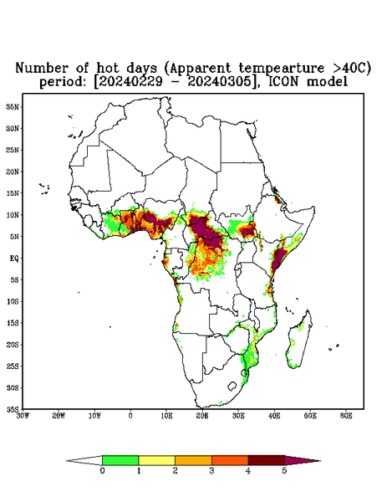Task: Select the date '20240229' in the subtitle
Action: pyautogui.click(x=131, y=82)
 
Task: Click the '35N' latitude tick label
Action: pyautogui.click(x=13, y=106)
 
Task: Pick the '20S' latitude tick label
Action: pyautogui.click(x=13, y=345)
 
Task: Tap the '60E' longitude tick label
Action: pyautogui.click(x=346, y=416)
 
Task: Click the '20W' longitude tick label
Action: pyautogui.click(x=59, y=416)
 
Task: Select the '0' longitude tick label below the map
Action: pyautogui.click(x=130, y=416)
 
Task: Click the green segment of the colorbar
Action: pyautogui.click(x=120, y=460)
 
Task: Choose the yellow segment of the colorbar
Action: pyautogui.click(x=156, y=460)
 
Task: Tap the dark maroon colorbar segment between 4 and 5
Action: pyautogui.click(x=267, y=460)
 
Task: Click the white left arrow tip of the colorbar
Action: pyautogui.click(x=67, y=461)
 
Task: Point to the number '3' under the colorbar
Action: pyautogui.click(x=211, y=471)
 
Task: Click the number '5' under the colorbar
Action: pyautogui.click(x=284, y=471)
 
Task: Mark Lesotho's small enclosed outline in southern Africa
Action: pyautogui.click(x=232, y=386)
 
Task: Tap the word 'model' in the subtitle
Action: pyautogui.click(x=327, y=82)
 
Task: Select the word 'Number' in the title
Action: pyautogui.click(x=42, y=69)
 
